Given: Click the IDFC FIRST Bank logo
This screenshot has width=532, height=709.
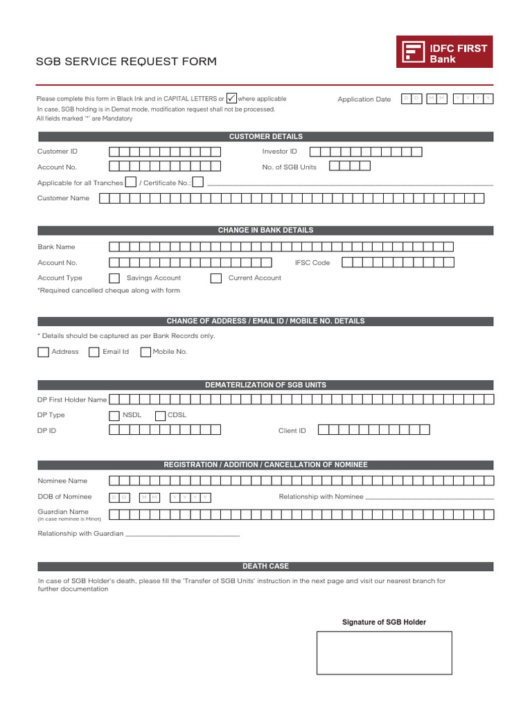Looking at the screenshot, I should tap(445, 52).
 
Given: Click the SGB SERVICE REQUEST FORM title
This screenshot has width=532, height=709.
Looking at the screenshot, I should tap(126, 62).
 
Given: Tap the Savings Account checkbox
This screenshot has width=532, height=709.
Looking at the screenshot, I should tap(114, 278).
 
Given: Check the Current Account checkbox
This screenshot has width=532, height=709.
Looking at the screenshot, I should tap(215, 278).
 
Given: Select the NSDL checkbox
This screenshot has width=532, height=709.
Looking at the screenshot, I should tap(114, 415).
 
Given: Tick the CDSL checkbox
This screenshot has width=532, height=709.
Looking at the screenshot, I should tap(160, 415).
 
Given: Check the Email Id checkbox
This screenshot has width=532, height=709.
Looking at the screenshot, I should tap(94, 352).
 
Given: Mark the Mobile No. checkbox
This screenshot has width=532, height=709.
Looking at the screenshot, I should tap(145, 352).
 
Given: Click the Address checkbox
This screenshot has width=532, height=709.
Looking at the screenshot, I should tap(43, 352).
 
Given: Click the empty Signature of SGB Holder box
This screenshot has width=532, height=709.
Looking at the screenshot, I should tap(384, 652).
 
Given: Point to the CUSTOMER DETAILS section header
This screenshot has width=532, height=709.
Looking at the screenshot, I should tap(266, 136).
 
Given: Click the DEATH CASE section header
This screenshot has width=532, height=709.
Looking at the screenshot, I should tap(266, 566).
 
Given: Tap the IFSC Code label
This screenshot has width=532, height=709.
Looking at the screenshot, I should tap(312, 262).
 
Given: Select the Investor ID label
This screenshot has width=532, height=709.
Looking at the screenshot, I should tap(279, 151).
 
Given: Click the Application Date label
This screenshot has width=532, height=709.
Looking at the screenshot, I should tap(364, 100).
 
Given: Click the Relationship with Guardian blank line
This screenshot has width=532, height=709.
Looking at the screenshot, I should tap(182, 535).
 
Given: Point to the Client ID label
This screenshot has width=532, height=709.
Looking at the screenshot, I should tap(292, 431).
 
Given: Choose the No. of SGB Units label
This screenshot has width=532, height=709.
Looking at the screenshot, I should tap(289, 167).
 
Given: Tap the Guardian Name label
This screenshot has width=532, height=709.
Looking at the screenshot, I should tap(63, 512).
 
